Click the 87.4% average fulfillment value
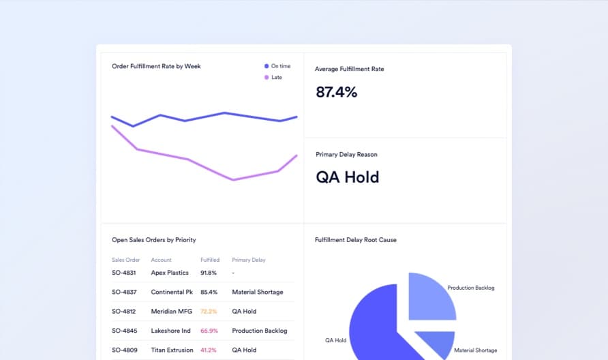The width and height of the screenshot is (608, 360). [337, 92]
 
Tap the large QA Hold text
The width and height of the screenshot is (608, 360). [348, 177]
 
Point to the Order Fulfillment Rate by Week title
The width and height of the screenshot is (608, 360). [156, 66]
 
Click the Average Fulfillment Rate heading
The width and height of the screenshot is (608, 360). [349, 69]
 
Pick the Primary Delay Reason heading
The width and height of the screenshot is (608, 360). [346, 155]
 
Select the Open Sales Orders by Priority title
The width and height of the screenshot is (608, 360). [153, 240]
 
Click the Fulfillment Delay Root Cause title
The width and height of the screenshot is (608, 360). [355, 240]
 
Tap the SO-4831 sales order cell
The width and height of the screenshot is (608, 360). [124, 273]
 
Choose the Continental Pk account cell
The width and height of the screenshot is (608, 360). [172, 292]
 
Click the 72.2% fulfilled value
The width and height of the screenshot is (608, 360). [209, 312]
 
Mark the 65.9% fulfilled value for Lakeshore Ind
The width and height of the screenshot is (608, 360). [209, 331]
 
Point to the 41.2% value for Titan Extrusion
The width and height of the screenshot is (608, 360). [209, 350]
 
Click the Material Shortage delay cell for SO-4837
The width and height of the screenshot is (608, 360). [257, 292]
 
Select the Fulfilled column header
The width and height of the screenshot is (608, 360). [210, 260]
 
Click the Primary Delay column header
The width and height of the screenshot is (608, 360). [249, 260]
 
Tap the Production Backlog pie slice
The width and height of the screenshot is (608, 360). [431, 297]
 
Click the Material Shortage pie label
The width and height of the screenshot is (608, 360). [475, 350]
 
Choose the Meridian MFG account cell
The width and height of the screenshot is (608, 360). [171, 312]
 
